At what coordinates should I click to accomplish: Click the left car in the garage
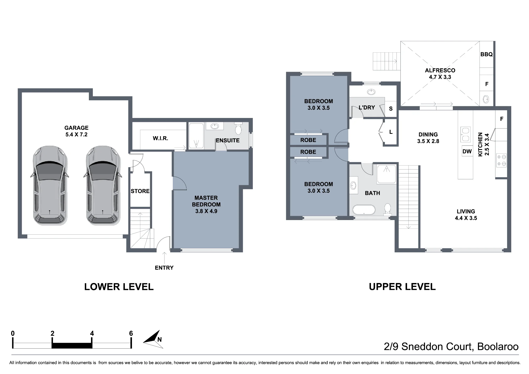[x=50, y=185]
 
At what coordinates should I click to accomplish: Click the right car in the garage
[x=103, y=185]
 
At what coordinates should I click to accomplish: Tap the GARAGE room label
[x=76, y=128]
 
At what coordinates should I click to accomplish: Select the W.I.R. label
[x=161, y=138]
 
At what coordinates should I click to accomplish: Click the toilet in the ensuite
[x=238, y=128]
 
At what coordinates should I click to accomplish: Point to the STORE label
[x=140, y=191]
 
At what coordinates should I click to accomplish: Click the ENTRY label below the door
[x=164, y=268]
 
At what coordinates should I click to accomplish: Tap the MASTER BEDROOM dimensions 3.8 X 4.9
[x=206, y=211]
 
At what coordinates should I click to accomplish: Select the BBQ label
[x=487, y=54]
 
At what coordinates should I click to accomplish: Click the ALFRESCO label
[x=440, y=70]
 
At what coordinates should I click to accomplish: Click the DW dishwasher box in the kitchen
[x=467, y=151]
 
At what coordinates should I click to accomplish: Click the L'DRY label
[x=367, y=107]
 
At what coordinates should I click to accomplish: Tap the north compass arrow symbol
[x=153, y=339]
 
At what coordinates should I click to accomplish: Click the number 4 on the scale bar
[x=92, y=333]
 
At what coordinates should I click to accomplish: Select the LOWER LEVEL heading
[x=119, y=287]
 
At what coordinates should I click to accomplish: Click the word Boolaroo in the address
[x=498, y=346]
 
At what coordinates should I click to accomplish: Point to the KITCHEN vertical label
[x=480, y=144]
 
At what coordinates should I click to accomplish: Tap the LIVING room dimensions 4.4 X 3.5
[x=466, y=218]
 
